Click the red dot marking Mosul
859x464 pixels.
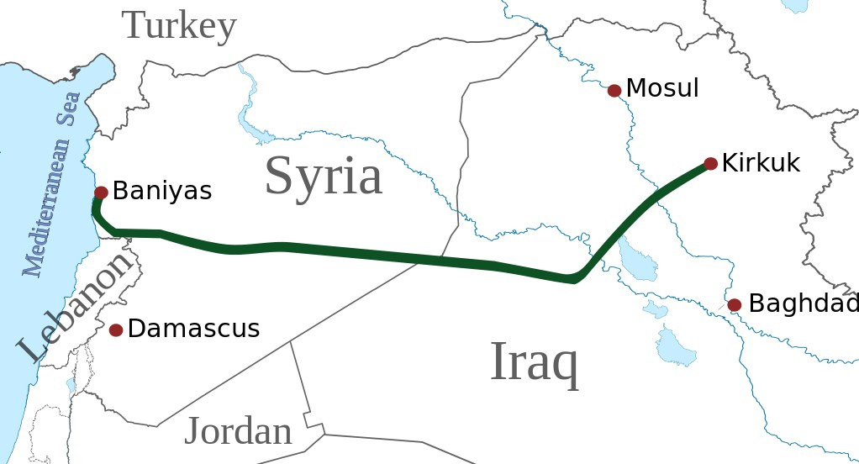tap(614, 91)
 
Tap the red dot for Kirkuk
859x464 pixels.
tap(710, 164)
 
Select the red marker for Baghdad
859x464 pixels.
tap(735, 305)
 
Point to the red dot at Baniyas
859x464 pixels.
tap(101, 192)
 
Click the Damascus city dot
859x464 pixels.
tap(116, 330)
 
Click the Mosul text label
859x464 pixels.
tap(662, 87)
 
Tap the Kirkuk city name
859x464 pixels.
tap(762, 162)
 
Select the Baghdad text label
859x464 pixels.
tap(803, 303)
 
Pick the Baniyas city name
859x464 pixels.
tap(162, 191)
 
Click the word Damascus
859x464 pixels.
tap(193, 329)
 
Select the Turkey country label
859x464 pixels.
tap(180, 26)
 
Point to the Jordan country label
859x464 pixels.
tap(238, 431)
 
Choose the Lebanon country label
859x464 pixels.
tap(76, 307)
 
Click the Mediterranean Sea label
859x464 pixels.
tap(52, 185)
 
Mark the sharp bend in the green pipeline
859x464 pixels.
tap(576, 278)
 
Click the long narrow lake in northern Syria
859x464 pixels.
tap(246, 105)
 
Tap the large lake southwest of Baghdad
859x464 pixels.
tap(676, 345)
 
